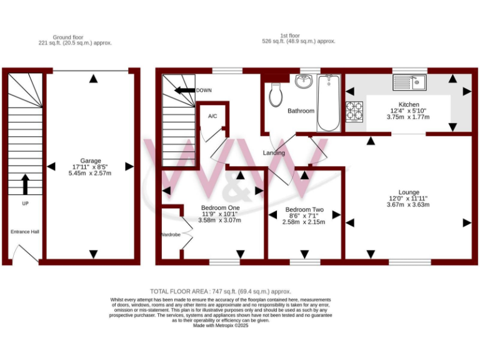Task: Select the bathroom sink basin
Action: point(304,82)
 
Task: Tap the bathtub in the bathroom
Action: point(328,102)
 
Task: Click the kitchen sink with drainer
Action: point(409,82)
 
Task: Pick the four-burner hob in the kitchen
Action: point(354,111)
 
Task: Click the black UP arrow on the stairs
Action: point(25,184)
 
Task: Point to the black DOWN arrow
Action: point(184,90)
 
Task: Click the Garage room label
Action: point(91,161)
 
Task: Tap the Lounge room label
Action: point(409,192)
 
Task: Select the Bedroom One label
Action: point(220,207)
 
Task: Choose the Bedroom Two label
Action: point(304,209)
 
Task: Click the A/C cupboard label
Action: point(212,116)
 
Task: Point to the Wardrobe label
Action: point(170,234)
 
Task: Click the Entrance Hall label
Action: point(25,232)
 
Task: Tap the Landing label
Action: point(274,152)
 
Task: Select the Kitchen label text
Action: point(409,104)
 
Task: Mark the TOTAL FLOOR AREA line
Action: point(221,291)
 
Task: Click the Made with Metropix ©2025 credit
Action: point(221,326)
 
